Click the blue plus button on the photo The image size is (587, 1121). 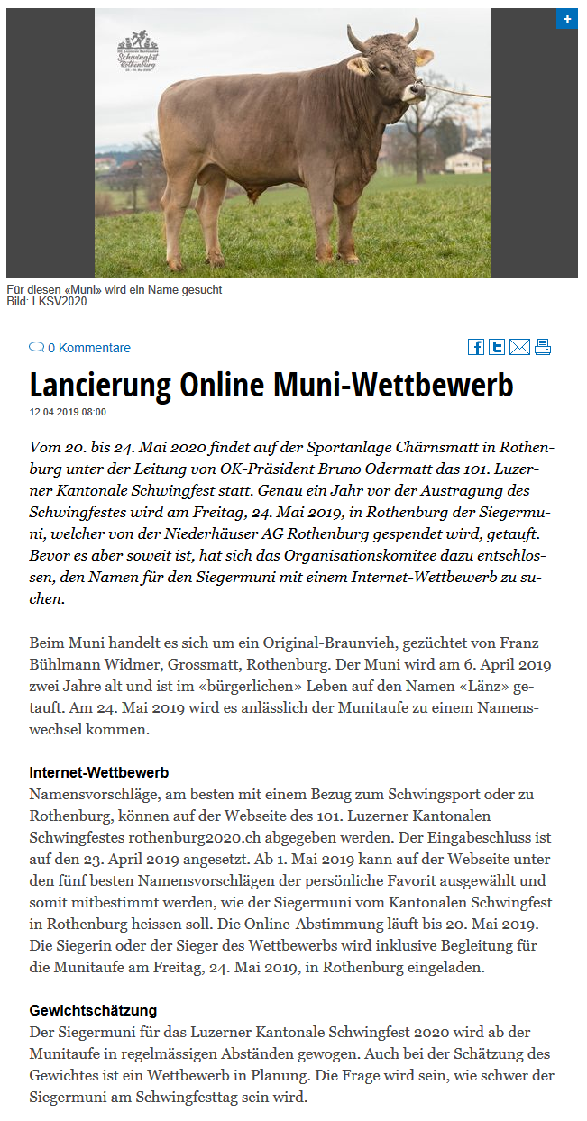click(x=567, y=19)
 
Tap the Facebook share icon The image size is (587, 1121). click(x=476, y=347)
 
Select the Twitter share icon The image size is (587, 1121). click(x=497, y=347)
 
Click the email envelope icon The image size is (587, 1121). click(x=519, y=347)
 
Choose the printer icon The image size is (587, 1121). click(x=542, y=347)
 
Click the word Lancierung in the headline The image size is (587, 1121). click(x=100, y=385)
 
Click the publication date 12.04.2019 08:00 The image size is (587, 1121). click(x=68, y=413)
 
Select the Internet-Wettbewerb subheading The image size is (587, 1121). click(x=99, y=773)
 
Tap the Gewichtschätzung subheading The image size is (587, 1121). click(x=93, y=1011)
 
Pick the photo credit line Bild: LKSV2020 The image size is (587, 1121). click(x=47, y=302)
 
